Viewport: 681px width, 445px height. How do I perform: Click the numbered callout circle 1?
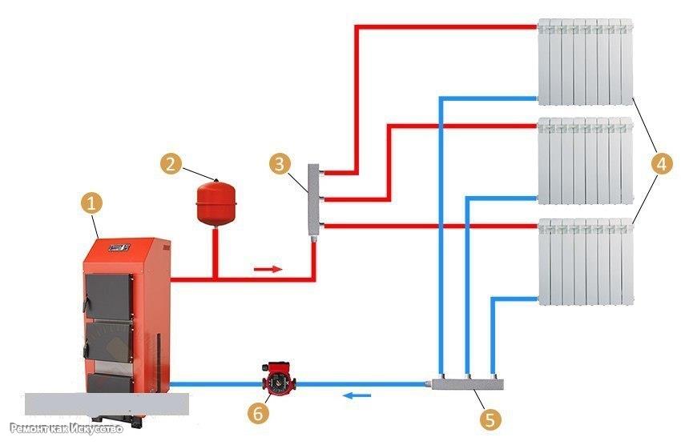point(91,203)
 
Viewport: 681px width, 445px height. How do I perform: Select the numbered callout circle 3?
point(280,163)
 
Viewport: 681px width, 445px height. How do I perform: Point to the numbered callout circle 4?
point(662,164)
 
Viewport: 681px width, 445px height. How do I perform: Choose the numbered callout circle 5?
point(490,419)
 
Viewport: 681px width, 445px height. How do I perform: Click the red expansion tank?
point(216,202)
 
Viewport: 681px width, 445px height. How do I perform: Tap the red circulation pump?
point(279,379)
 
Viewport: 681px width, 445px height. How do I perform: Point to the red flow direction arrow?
point(268,270)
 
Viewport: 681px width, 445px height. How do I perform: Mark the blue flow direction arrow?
point(357,395)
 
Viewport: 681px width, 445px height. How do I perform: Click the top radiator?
point(585,62)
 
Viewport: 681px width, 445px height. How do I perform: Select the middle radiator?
point(585,161)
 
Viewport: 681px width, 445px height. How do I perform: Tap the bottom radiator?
point(586,262)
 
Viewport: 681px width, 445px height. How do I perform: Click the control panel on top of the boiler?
point(119,247)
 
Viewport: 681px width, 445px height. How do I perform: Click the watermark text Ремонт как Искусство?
point(66,428)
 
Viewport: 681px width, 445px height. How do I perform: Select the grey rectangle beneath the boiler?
point(107,404)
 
